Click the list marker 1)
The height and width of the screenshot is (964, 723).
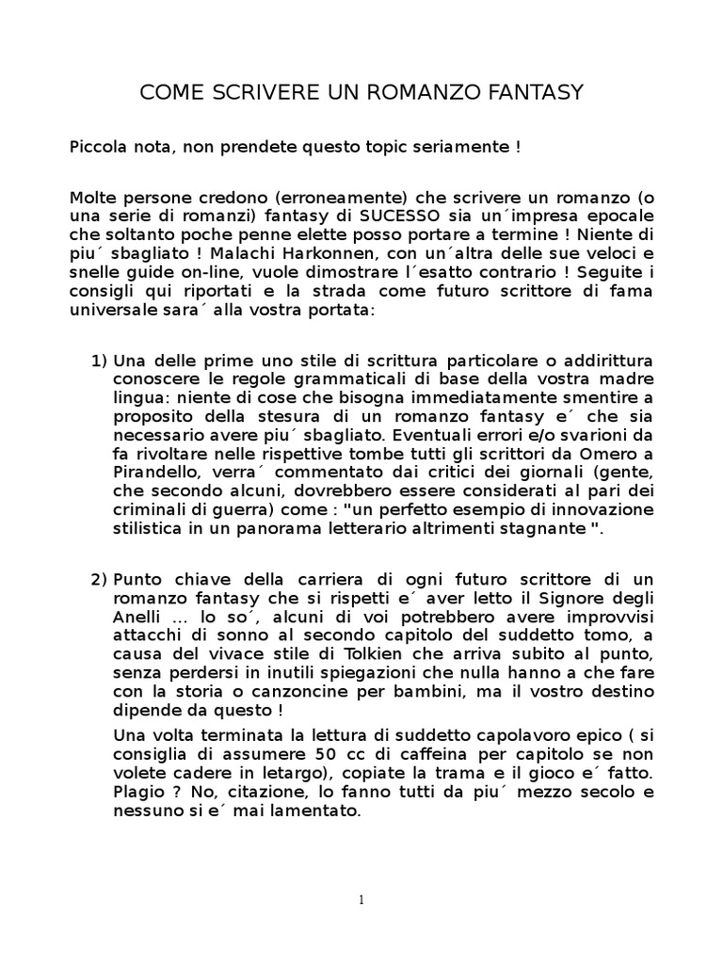(x=99, y=361)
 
